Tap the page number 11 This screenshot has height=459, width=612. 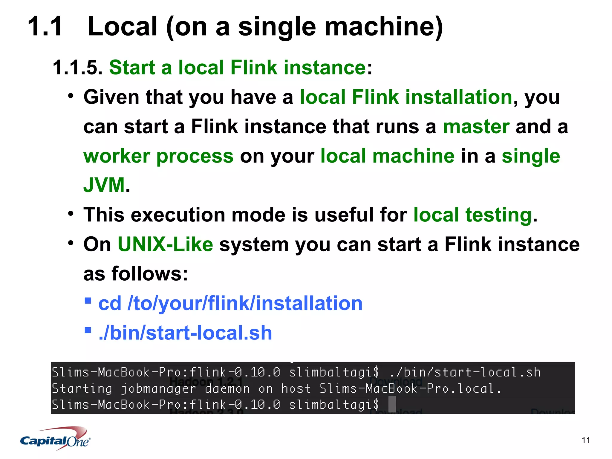click(x=586, y=440)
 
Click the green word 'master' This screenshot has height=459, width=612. click(x=476, y=126)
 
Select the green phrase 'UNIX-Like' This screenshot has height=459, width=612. click(x=165, y=244)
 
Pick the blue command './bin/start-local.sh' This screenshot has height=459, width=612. click(x=185, y=333)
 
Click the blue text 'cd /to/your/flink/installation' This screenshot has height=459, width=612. click(x=230, y=304)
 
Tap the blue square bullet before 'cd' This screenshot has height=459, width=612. click(x=88, y=300)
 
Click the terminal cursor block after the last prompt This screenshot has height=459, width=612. click(x=392, y=404)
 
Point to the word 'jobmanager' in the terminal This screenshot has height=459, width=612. click(x=158, y=388)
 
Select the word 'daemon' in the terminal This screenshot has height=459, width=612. click(x=227, y=388)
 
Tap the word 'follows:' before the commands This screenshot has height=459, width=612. click(x=150, y=274)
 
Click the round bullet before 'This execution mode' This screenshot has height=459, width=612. click(x=71, y=214)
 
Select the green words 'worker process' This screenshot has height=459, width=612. click(x=158, y=156)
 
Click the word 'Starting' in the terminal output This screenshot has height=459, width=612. click(x=82, y=388)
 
